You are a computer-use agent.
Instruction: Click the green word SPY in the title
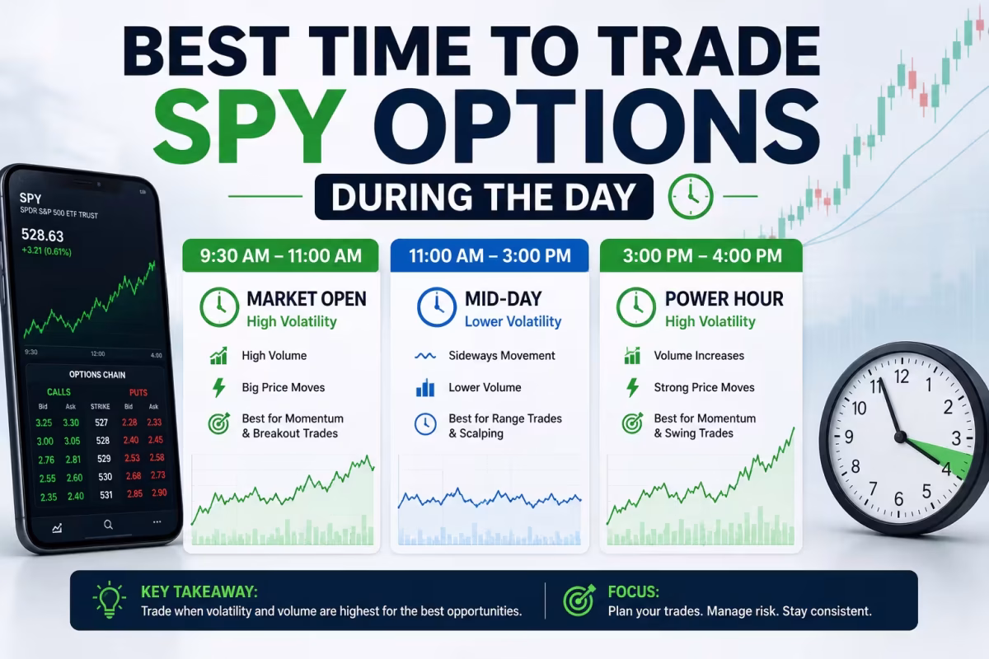tap(250, 125)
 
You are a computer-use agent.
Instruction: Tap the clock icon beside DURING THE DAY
tap(691, 196)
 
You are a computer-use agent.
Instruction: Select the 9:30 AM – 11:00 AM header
tap(281, 255)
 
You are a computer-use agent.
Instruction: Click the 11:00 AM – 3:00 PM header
tap(490, 255)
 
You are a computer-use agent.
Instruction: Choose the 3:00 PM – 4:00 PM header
tap(701, 255)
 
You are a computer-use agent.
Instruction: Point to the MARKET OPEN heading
tap(307, 299)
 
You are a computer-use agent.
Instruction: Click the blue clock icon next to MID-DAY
tap(437, 307)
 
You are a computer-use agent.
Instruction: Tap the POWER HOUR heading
tap(724, 299)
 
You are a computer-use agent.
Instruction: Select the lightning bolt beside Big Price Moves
tap(219, 387)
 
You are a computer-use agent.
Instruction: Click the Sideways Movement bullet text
tap(502, 355)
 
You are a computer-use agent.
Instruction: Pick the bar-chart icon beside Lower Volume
tap(425, 387)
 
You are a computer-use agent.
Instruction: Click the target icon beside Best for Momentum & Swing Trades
tap(633, 423)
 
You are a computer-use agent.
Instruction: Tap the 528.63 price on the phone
tap(42, 236)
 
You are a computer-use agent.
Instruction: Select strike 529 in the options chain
tap(104, 459)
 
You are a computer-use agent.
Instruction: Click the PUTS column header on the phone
tap(138, 392)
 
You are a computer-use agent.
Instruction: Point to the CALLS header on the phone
tap(59, 392)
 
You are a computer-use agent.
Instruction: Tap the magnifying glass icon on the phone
tap(108, 525)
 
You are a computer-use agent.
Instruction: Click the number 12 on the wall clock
tap(901, 376)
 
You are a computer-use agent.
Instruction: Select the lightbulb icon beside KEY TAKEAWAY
tap(109, 600)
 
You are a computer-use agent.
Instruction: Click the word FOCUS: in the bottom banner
tap(633, 591)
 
